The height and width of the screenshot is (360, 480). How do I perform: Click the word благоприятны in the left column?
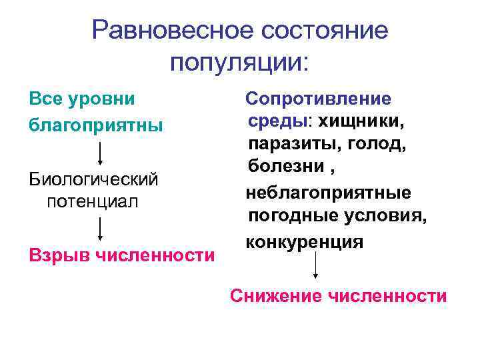[x=96, y=125]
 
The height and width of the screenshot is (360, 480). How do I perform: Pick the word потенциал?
[x=92, y=201]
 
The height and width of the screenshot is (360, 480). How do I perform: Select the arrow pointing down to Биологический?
[x=101, y=151]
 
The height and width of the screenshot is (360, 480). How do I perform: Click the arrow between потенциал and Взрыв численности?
[x=101, y=228]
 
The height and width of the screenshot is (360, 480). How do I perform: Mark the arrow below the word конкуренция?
[x=315, y=268]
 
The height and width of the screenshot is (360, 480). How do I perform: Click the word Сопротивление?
[x=319, y=99]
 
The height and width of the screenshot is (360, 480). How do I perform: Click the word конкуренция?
[x=305, y=241]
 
